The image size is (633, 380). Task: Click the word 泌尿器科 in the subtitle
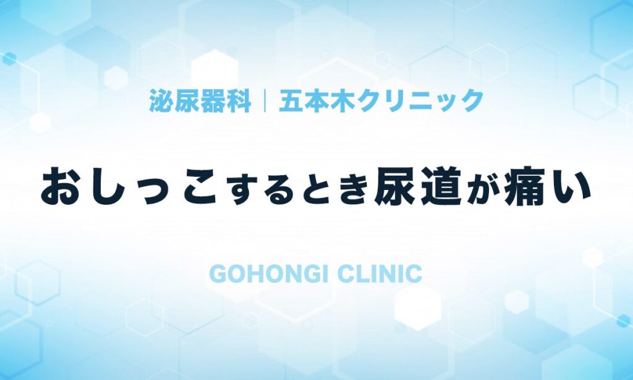[200, 100]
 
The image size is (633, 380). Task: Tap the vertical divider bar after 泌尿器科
[265, 100]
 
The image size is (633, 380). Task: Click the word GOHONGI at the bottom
[268, 274]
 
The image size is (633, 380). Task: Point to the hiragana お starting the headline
[61, 187]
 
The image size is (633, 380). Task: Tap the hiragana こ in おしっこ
[200, 188]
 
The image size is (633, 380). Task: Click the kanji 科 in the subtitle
[239, 100]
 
